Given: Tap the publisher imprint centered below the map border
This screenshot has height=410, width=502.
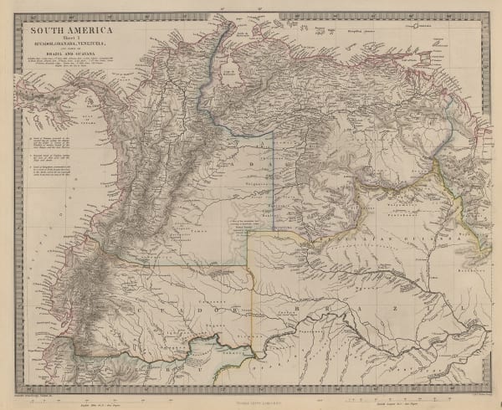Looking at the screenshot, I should coord(251,400).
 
